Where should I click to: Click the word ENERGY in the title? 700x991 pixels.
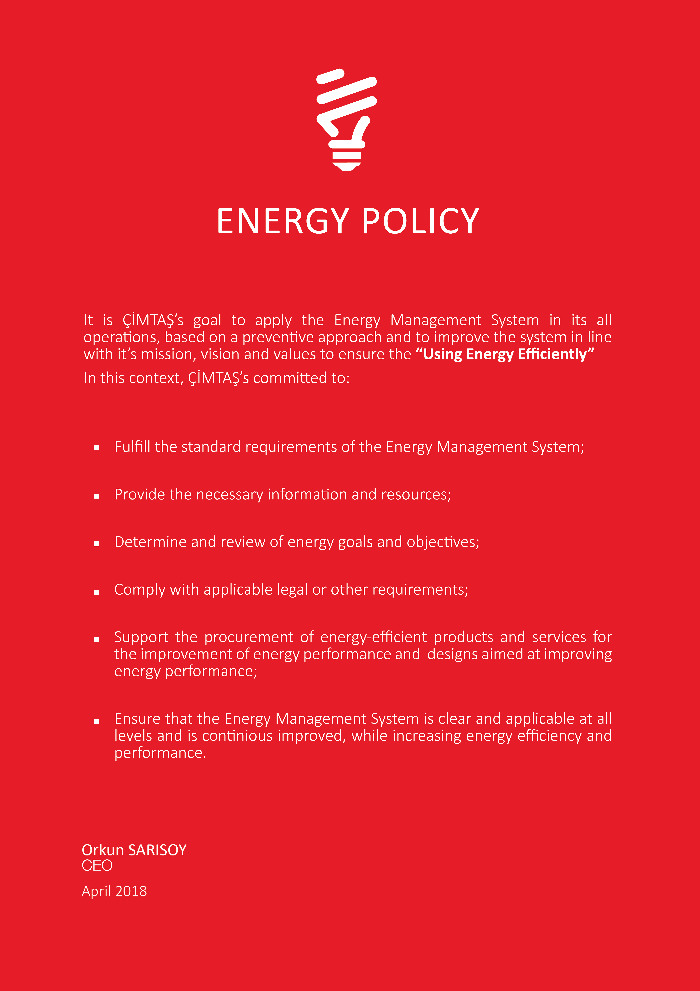282,221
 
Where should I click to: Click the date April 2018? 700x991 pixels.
114,891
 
